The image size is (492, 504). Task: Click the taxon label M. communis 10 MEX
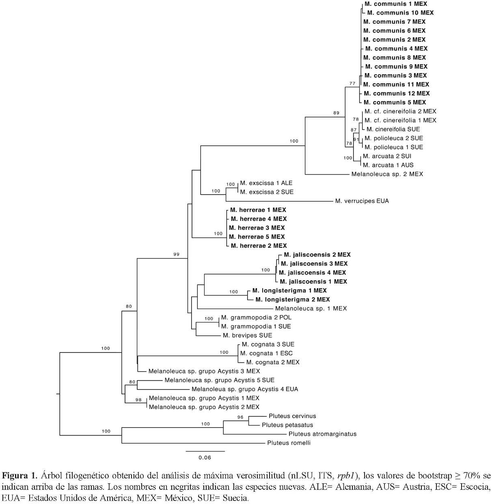click(x=400, y=13)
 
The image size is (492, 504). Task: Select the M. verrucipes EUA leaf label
click(x=362, y=201)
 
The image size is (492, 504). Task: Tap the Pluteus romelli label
click(x=289, y=443)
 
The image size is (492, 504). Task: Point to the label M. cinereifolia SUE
click(x=393, y=129)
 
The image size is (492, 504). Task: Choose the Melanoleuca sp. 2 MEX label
click(x=387, y=174)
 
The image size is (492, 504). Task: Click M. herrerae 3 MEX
click(x=257, y=228)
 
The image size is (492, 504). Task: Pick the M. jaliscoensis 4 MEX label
click(x=312, y=273)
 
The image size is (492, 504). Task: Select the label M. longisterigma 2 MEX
click(x=292, y=300)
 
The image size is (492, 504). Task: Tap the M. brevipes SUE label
click(x=247, y=335)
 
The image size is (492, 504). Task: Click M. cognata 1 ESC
click(x=266, y=353)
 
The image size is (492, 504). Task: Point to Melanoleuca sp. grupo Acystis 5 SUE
click(x=219, y=380)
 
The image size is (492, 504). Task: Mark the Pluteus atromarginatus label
click(x=322, y=434)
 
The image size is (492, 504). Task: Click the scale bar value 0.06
click(x=205, y=457)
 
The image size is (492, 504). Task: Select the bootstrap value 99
click(x=176, y=254)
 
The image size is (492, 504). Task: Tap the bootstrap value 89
click(x=336, y=113)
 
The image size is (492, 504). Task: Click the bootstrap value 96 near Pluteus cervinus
click(x=240, y=417)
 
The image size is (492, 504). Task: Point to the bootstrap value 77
click(x=352, y=84)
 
